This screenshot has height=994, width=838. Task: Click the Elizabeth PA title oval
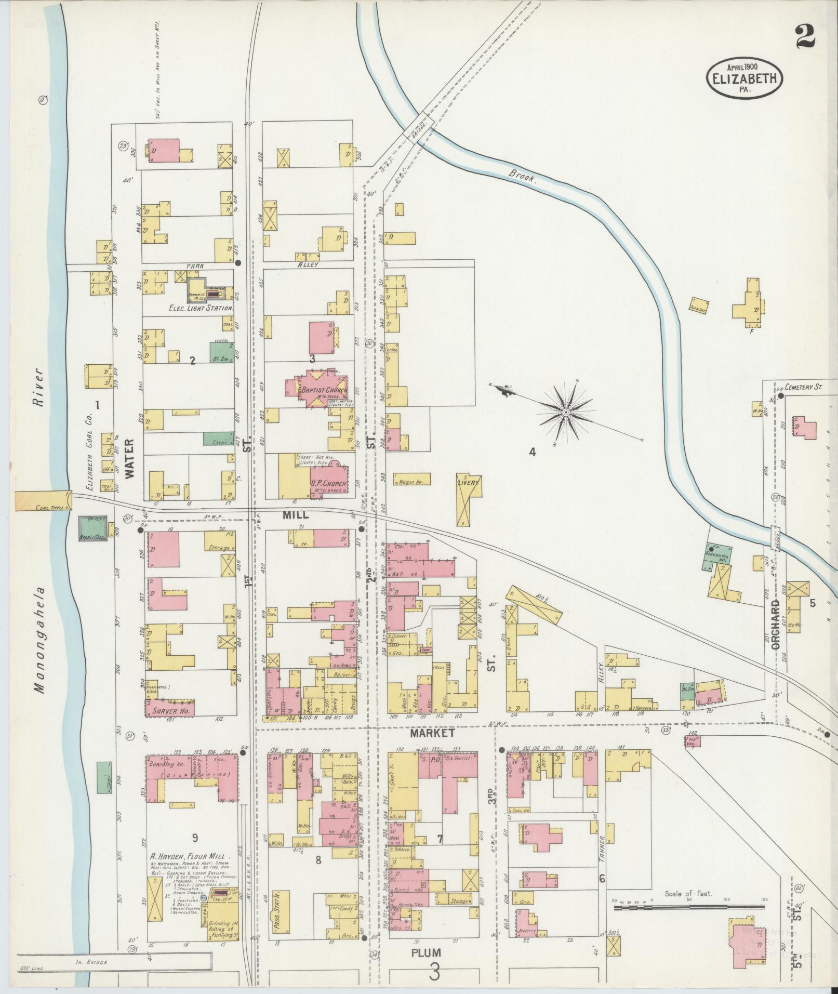(x=744, y=77)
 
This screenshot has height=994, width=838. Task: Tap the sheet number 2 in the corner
(x=805, y=37)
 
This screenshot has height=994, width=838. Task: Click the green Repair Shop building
(x=92, y=529)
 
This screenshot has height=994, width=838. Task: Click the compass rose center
(x=566, y=412)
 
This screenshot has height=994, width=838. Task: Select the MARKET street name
(x=432, y=733)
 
